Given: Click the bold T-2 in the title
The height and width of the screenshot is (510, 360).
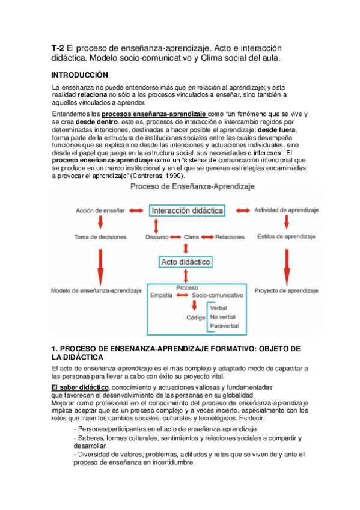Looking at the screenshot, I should (x=58, y=48).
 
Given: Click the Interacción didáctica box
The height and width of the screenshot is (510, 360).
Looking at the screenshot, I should (x=187, y=210).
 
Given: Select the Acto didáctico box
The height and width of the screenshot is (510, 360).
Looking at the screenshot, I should (x=185, y=262).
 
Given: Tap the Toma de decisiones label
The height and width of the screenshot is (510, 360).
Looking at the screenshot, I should (x=99, y=236).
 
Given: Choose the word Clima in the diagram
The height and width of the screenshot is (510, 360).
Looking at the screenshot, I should (x=191, y=237).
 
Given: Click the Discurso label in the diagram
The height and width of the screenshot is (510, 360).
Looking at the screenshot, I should (x=157, y=237).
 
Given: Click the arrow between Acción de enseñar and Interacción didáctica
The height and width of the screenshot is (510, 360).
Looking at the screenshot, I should (x=136, y=210).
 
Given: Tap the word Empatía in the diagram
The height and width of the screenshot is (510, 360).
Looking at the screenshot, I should (x=162, y=296).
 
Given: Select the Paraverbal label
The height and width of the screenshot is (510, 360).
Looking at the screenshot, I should (x=225, y=326).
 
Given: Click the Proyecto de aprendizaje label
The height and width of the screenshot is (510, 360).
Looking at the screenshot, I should (x=285, y=290).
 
